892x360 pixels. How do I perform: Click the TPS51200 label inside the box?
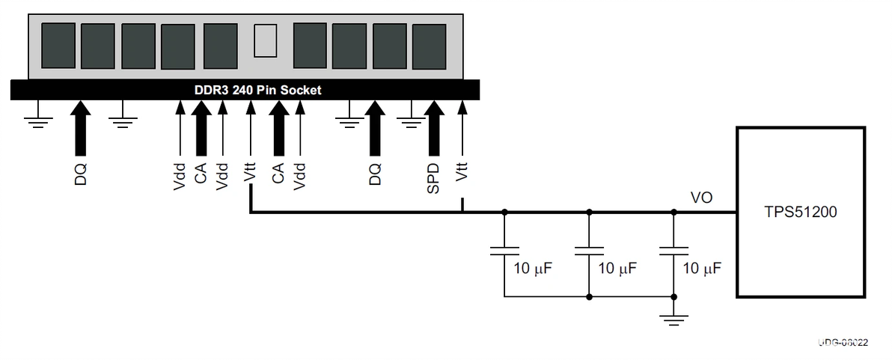(801, 213)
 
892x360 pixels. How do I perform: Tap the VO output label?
(701, 198)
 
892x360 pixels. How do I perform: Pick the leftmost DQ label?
(81, 174)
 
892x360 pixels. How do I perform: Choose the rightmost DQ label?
(375, 174)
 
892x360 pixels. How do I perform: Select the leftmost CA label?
(200, 174)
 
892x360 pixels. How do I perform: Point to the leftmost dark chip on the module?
(58, 45)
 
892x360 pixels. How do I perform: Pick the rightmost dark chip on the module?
(428, 46)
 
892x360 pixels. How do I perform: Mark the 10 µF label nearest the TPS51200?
(702, 268)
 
